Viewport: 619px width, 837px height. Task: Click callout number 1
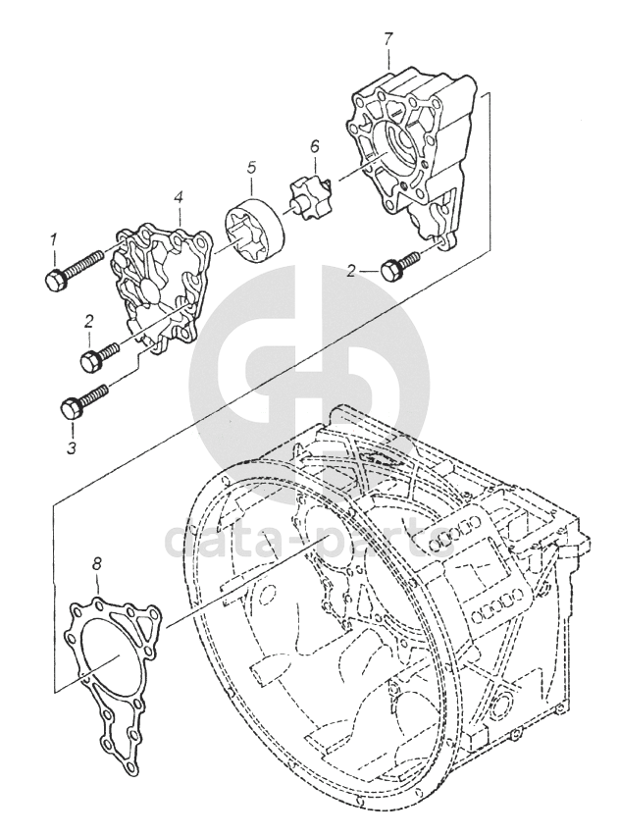pyautogui.click(x=55, y=238)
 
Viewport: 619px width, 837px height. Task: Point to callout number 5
pyautogui.click(x=251, y=168)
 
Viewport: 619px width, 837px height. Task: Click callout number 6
pyautogui.click(x=315, y=147)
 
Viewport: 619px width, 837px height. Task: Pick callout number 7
pyautogui.click(x=388, y=39)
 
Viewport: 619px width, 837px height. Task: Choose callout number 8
pyautogui.click(x=97, y=564)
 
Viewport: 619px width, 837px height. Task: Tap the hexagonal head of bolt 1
pyautogui.click(x=54, y=280)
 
